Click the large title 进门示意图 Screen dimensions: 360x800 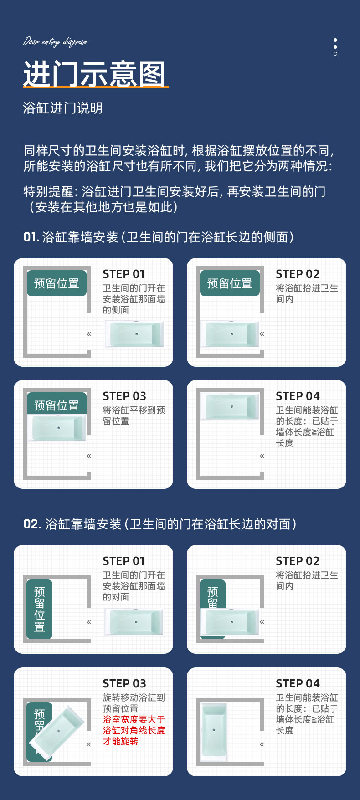[x=94, y=74]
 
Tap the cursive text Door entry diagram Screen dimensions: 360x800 [x=55, y=42]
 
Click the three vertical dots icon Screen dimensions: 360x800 [x=335, y=47]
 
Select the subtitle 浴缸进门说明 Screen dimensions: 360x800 [x=62, y=108]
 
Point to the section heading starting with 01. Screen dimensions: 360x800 [x=159, y=237]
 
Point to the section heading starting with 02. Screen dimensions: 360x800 [x=160, y=524]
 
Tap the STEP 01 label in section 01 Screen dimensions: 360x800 [x=123, y=274]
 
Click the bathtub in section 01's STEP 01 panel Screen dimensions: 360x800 [x=134, y=334]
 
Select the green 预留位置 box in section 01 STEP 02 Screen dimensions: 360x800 [x=230, y=283]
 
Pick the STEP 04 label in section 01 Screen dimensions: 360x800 [x=298, y=396]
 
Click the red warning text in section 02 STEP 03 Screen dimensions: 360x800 [x=134, y=730]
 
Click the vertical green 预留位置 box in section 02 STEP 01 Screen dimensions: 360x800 [x=40, y=609]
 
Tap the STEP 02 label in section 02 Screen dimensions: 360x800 [x=298, y=561]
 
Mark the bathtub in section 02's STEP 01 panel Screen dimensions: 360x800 [x=134, y=622]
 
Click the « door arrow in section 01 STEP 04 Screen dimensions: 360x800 [x=262, y=456]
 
